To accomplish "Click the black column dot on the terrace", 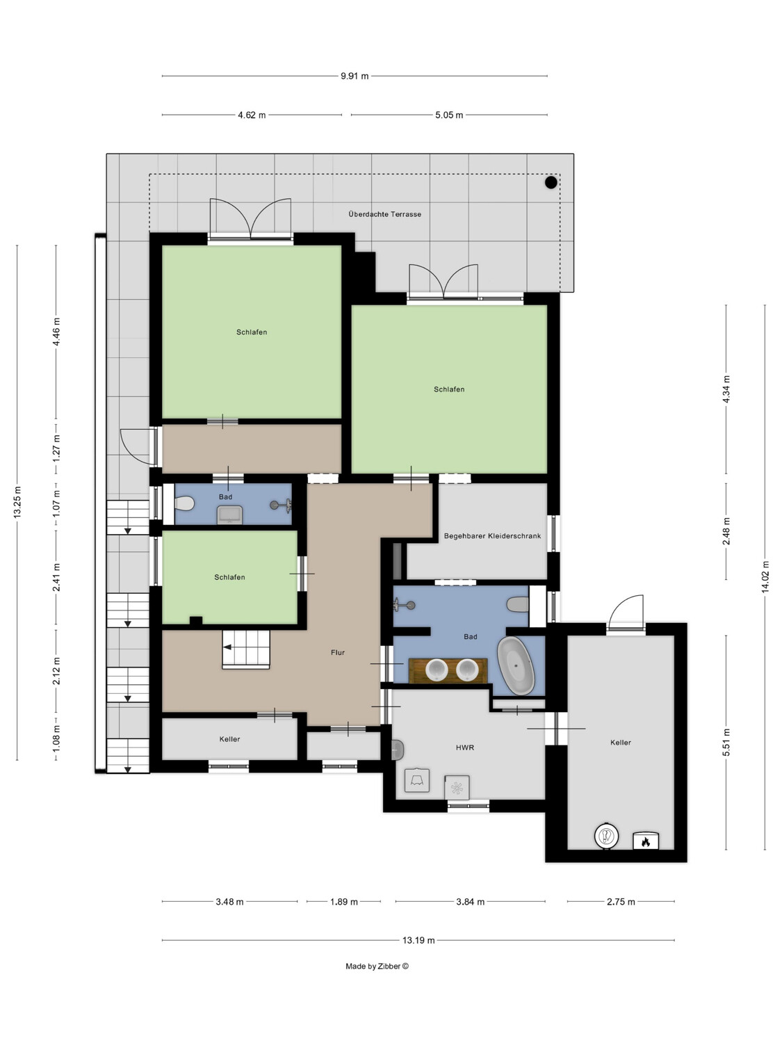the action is point(551,182).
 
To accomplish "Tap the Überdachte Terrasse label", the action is point(384,214).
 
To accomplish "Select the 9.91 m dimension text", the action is point(355,76).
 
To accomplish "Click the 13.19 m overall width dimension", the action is point(418,940).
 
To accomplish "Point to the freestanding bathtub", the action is point(516,665).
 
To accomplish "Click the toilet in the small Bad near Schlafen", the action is point(184,503).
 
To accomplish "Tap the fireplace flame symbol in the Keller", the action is point(646,841).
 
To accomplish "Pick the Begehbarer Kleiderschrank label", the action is point(492,536).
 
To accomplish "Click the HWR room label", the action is point(465,747).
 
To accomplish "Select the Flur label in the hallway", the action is point(338,652).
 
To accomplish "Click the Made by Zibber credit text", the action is point(377,966).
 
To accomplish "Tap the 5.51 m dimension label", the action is point(726,742).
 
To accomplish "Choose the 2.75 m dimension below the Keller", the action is point(621,901).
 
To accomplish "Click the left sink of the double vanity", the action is point(437,670).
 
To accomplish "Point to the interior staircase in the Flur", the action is point(246,649).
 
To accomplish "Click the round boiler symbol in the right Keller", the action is point(606,835).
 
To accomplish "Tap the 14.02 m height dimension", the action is point(765,577).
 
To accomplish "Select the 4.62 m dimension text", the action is point(252,115).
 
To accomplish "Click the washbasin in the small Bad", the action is point(230,515).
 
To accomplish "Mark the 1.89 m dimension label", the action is point(344,901).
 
